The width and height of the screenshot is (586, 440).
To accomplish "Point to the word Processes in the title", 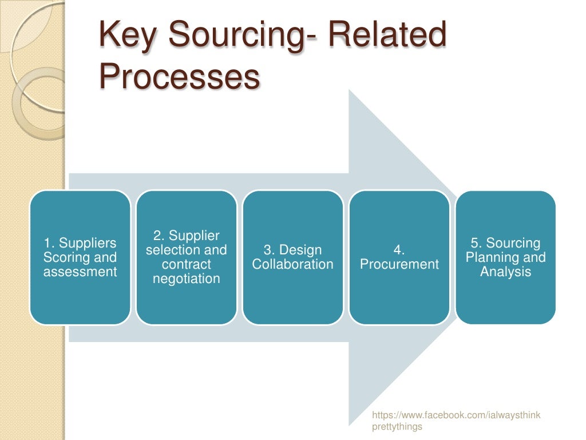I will [x=179, y=77].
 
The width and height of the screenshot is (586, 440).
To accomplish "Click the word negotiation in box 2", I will [x=187, y=279].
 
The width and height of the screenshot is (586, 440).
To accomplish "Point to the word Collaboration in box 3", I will [x=293, y=265].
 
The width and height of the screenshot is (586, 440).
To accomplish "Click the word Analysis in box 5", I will [x=506, y=272].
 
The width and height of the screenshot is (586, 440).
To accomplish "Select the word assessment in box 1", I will [x=80, y=272].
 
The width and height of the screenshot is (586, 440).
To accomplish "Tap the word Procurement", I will [x=399, y=265].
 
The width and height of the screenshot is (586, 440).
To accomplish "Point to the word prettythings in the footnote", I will [x=397, y=427].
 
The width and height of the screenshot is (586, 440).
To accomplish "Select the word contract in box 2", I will [x=187, y=265].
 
